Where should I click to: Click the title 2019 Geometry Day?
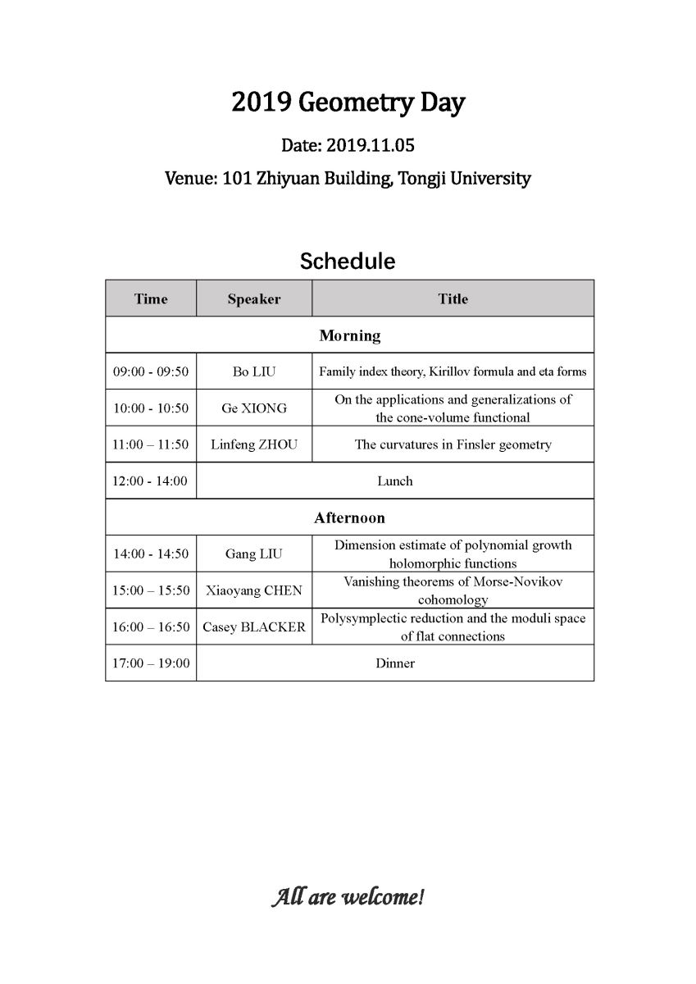point(348,103)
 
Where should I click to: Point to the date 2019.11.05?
point(371,146)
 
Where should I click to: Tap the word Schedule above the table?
point(348,261)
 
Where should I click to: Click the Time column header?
point(151,299)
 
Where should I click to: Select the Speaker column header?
point(254,299)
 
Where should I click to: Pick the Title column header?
point(453,299)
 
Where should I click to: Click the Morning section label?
point(350,335)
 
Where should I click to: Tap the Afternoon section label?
point(349,518)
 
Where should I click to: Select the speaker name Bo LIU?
point(254,372)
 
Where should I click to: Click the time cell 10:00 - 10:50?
point(151,408)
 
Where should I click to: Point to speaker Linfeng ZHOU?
point(254,444)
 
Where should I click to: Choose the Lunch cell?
point(394,481)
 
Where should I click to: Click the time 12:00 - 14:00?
point(150,481)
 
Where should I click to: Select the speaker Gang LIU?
point(254,554)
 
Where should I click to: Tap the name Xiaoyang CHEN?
point(254,590)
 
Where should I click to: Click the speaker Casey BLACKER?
point(254,627)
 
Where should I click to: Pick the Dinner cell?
point(395,663)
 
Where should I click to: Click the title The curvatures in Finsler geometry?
point(453,444)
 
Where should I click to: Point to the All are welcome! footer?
point(348,897)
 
